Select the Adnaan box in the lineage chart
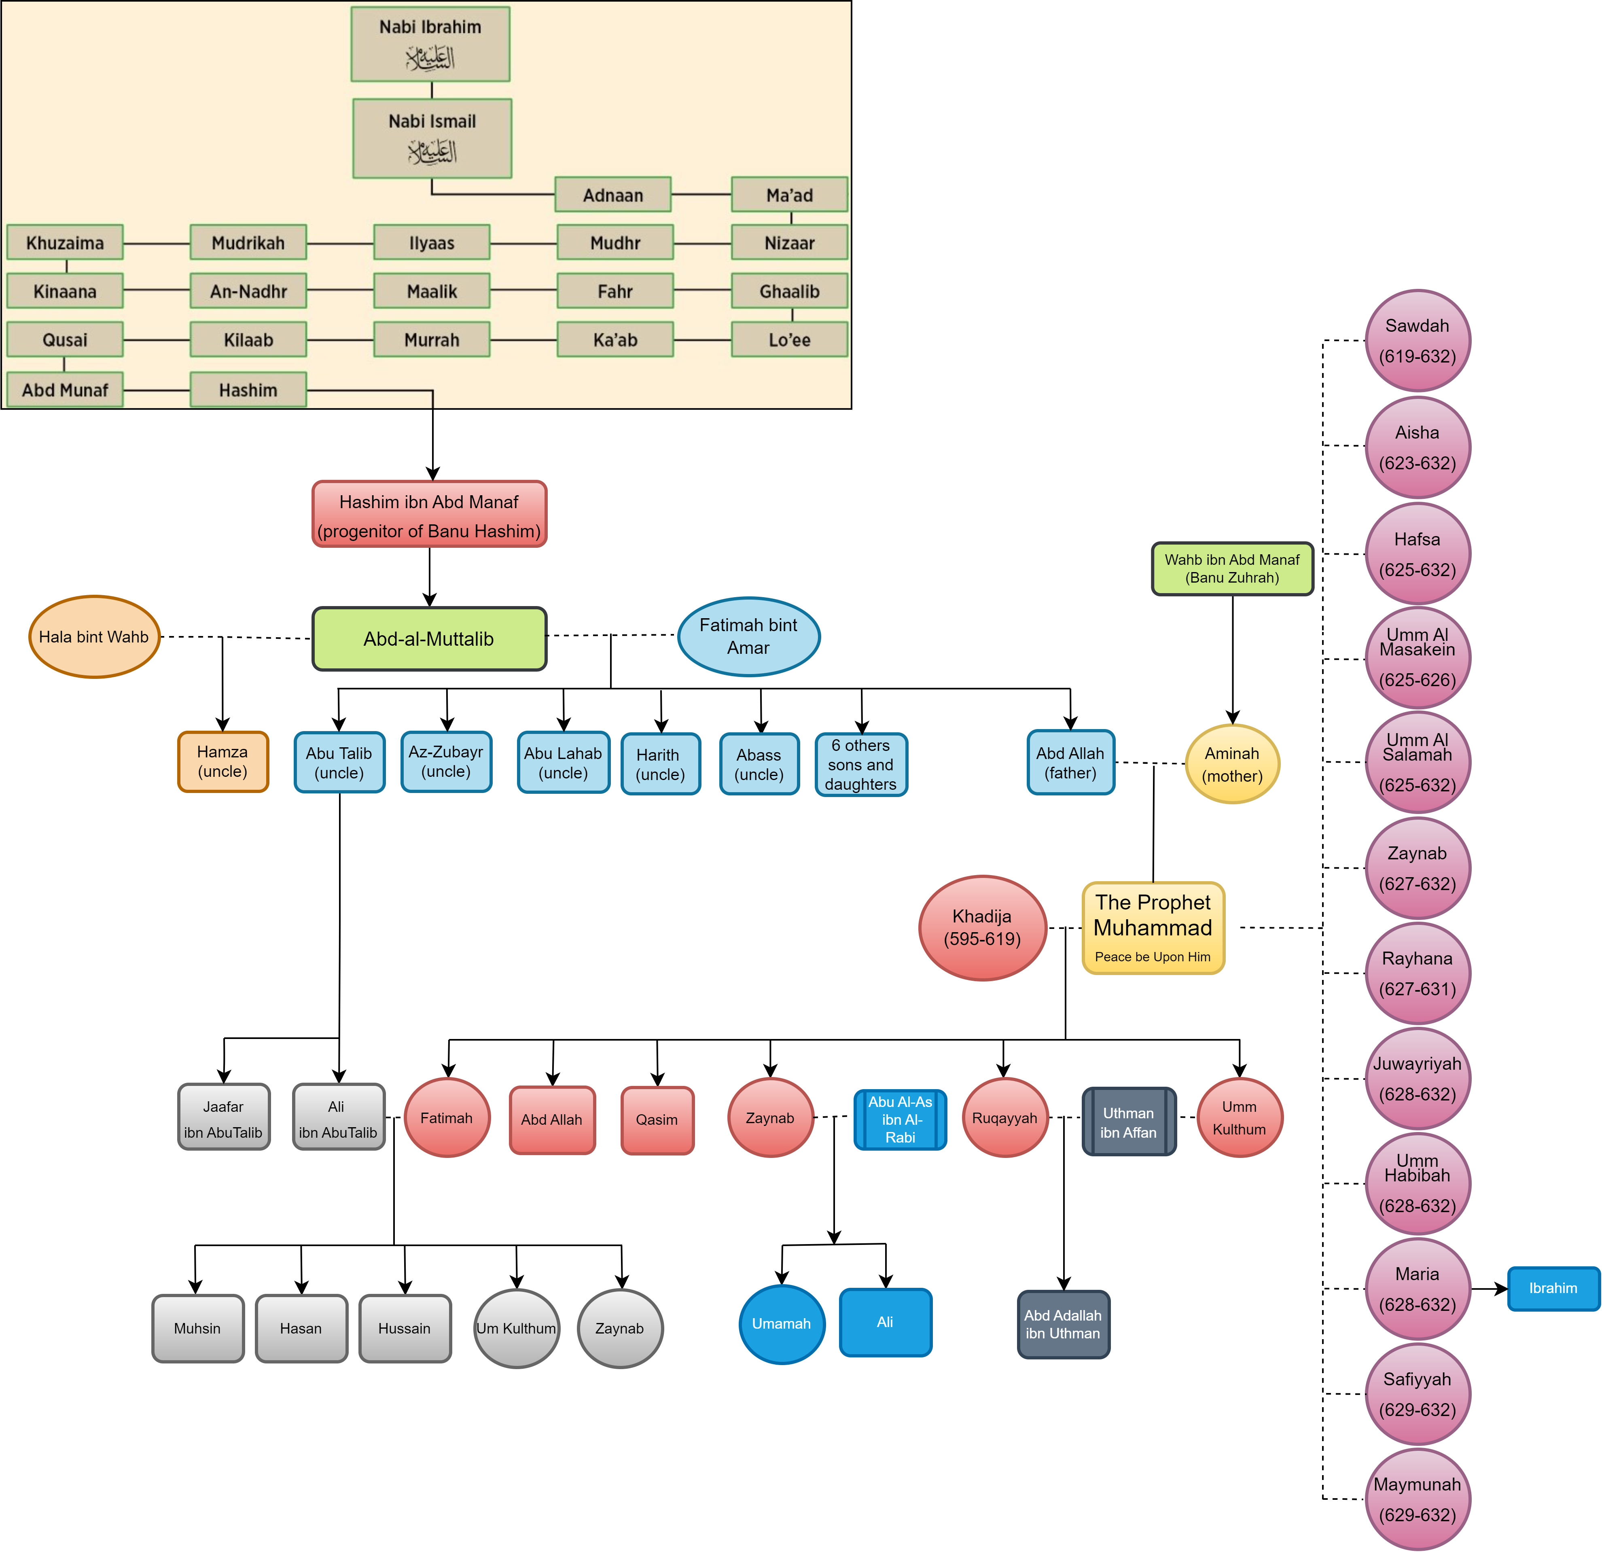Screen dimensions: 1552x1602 613,195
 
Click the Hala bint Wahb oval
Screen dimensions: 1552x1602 94,637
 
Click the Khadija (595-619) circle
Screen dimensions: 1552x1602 983,928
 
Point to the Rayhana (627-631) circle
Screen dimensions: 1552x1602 1417,973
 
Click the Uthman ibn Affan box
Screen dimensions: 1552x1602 1129,1121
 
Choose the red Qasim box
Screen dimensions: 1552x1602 657,1119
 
